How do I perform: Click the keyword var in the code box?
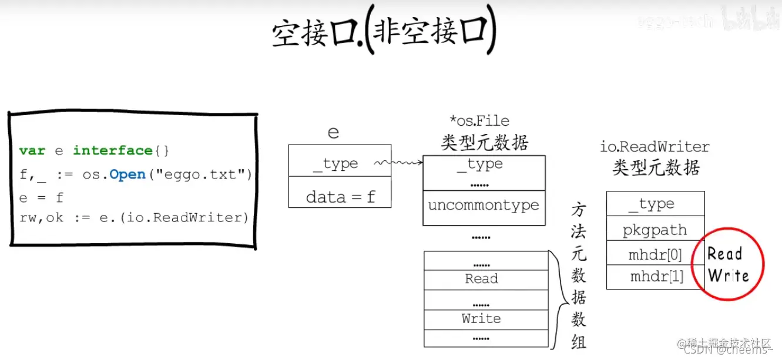(x=32, y=151)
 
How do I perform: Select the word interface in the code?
(x=113, y=151)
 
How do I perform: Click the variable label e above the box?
(x=333, y=132)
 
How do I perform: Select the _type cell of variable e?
(x=340, y=164)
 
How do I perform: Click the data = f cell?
(x=340, y=197)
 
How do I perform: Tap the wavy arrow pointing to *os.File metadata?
(x=399, y=163)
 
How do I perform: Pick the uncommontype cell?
(x=484, y=206)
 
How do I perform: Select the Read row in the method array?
(x=482, y=279)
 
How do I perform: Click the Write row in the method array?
(x=481, y=318)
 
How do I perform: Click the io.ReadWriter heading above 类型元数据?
(x=655, y=147)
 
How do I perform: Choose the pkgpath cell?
(x=655, y=230)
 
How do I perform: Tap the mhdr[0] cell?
(x=655, y=255)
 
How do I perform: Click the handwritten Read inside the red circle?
(x=724, y=254)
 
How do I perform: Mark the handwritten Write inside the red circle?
(x=729, y=275)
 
